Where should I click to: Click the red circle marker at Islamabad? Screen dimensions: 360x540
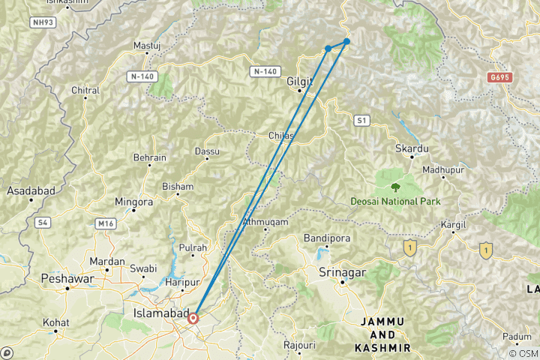[193, 318]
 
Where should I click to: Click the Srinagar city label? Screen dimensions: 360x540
[342, 271]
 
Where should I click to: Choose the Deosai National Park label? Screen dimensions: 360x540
[395, 201]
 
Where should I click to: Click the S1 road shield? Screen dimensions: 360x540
[363, 120]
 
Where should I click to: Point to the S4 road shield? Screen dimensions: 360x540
[43, 223]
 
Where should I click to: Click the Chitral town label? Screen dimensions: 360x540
[85, 91]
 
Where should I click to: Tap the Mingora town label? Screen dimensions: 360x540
[133, 202]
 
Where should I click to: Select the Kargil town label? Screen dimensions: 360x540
[454, 224]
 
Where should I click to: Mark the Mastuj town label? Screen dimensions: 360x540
[142, 46]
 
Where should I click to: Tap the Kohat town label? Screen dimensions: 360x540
[56, 322]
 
